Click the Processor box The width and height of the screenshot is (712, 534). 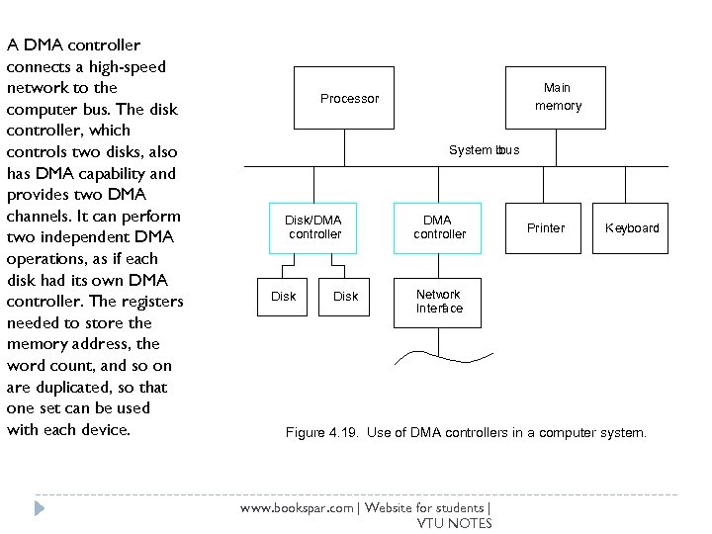(344, 98)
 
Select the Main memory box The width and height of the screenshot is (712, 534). (558, 97)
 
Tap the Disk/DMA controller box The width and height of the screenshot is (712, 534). (313, 227)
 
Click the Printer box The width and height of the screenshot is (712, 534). (546, 228)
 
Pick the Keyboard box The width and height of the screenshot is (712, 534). (632, 228)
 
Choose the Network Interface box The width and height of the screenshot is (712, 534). (438, 302)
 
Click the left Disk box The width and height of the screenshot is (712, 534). (283, 297)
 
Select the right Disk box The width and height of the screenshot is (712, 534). (345, 297)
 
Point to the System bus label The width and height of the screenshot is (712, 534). (483, 150)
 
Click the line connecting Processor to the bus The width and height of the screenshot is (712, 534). (344, 146)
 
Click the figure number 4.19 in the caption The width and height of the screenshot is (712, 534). (344, 433)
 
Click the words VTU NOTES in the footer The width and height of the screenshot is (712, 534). (454, 523)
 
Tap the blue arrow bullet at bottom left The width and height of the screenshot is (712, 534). (39, 508)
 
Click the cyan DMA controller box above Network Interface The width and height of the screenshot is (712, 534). (438, 227)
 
